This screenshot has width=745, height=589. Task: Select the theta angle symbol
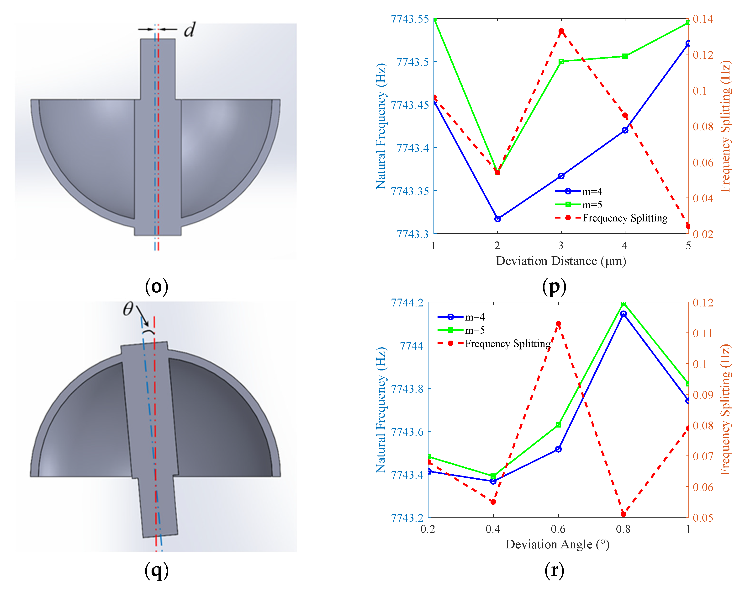pos(128,309)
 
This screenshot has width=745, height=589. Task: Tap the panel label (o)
pos(156,286)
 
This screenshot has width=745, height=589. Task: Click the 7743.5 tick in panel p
pos(412,62)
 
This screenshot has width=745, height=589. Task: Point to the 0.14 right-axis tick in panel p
pos(703,19)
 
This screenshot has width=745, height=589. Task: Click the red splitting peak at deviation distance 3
pos(561,31)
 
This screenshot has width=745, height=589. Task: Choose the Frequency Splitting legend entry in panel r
pos(507,344)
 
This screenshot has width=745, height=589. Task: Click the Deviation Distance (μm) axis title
pos(561,261)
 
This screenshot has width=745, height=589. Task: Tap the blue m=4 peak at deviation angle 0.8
pos(623,314)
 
